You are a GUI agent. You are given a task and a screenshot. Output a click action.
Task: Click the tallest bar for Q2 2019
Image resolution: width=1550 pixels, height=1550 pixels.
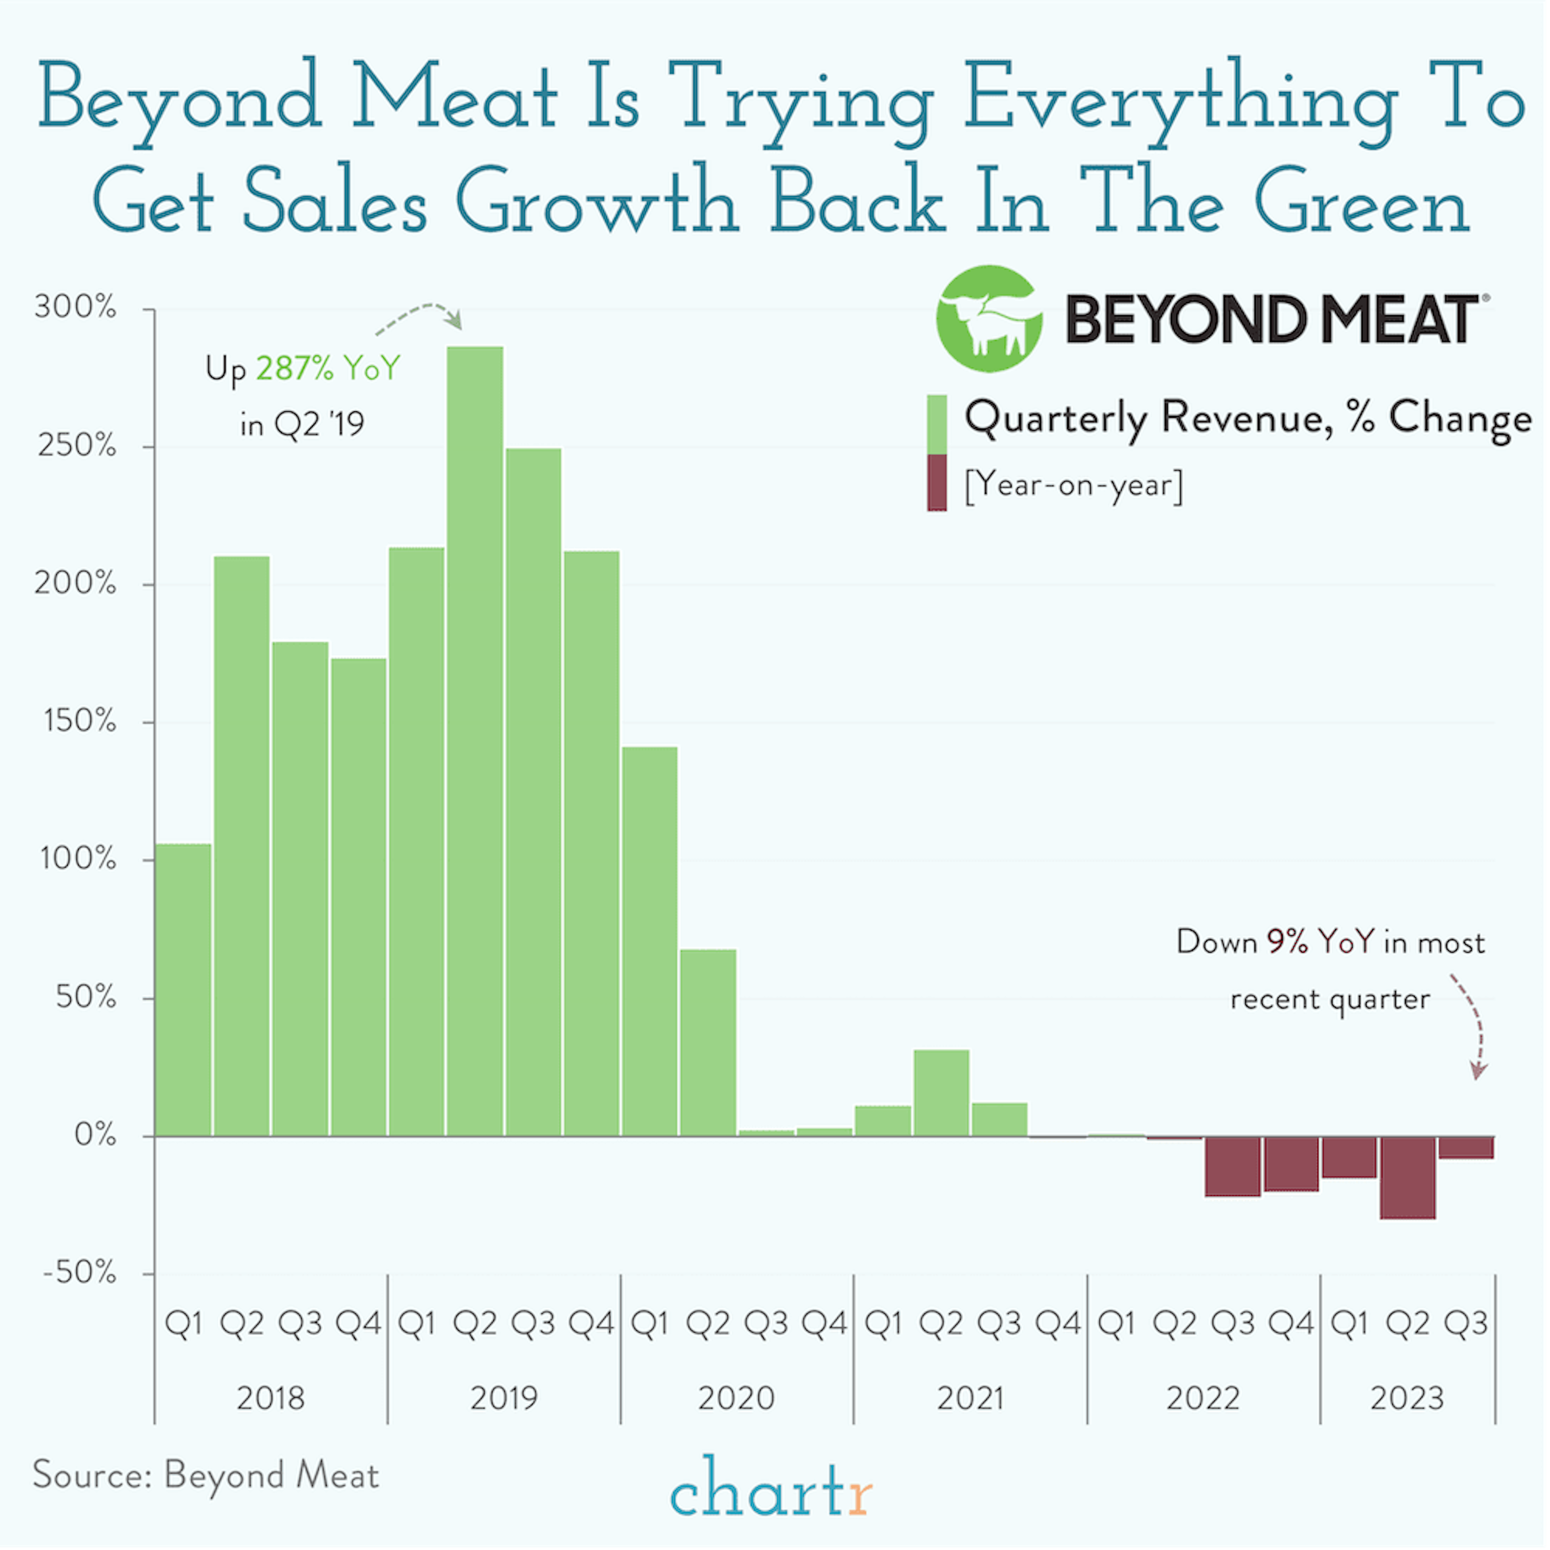point(475,738)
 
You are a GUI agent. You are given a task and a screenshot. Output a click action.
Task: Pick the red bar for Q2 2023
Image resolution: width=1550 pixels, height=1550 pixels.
point(1408,1177)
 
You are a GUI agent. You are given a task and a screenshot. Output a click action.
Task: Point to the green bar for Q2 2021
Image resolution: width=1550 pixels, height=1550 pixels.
point(941,1093)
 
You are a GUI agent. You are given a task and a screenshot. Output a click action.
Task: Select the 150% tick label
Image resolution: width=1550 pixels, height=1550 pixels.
point(79,721)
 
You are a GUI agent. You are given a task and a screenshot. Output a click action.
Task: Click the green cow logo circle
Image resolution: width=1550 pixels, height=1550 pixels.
point(989,318)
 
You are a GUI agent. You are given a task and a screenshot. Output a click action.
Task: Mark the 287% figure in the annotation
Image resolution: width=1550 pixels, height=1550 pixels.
point(293,368)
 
